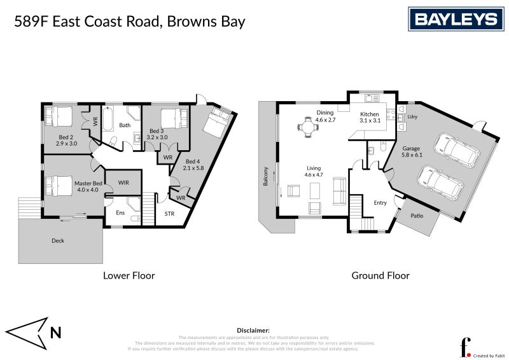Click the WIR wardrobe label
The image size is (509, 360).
point(123,183)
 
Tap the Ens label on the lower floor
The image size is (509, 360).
point(120,212)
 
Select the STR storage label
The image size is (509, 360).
point(169,214)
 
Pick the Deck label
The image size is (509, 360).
point(58,240)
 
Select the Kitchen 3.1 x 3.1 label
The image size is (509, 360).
point(370,117)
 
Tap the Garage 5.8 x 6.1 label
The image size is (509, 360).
point(412,151)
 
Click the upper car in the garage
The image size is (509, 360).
point(456,150)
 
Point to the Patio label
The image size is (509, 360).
point(417,216)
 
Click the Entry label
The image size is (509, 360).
point(380,203)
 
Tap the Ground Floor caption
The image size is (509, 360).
point(380,275)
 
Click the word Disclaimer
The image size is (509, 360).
point(253,331)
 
